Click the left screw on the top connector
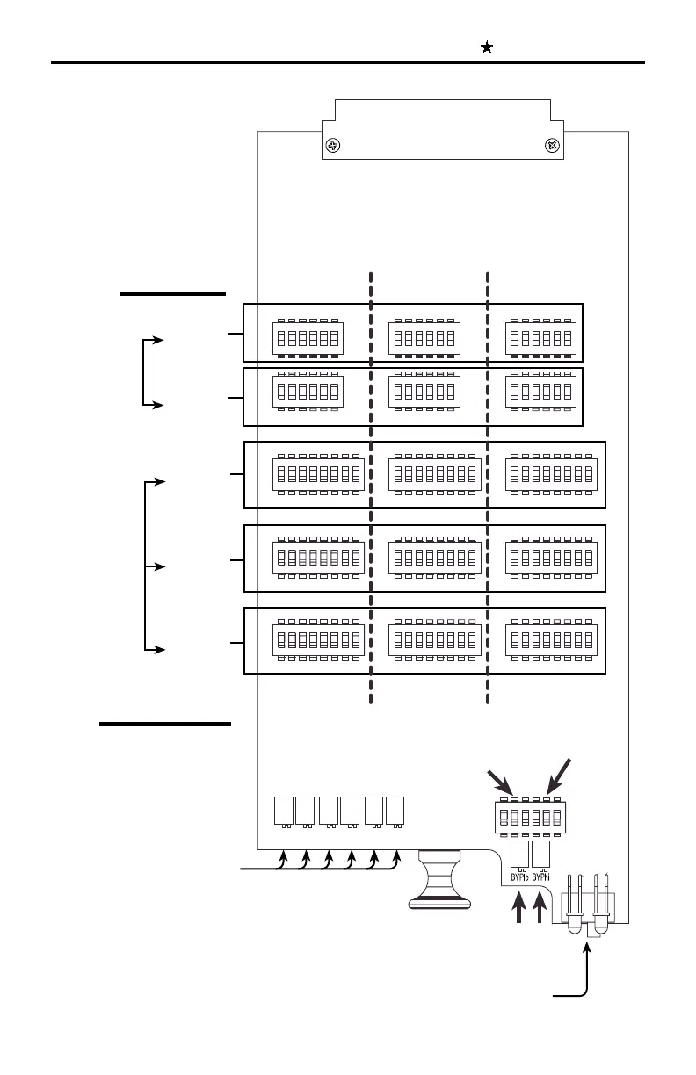(x=334, y=146)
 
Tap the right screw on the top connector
(x=553, y=146)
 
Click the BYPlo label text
(x=519, y=876)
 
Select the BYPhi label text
(x=541, y=876)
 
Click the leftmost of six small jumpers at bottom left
(x=283, y=811)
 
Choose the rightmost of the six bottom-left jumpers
(x=395, y=811)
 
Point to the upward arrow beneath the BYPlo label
(x=519, y=909)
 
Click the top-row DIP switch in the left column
(x=307, y=338)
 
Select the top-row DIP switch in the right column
(x=540, y=338)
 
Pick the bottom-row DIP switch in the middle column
(x=434, y=639)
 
